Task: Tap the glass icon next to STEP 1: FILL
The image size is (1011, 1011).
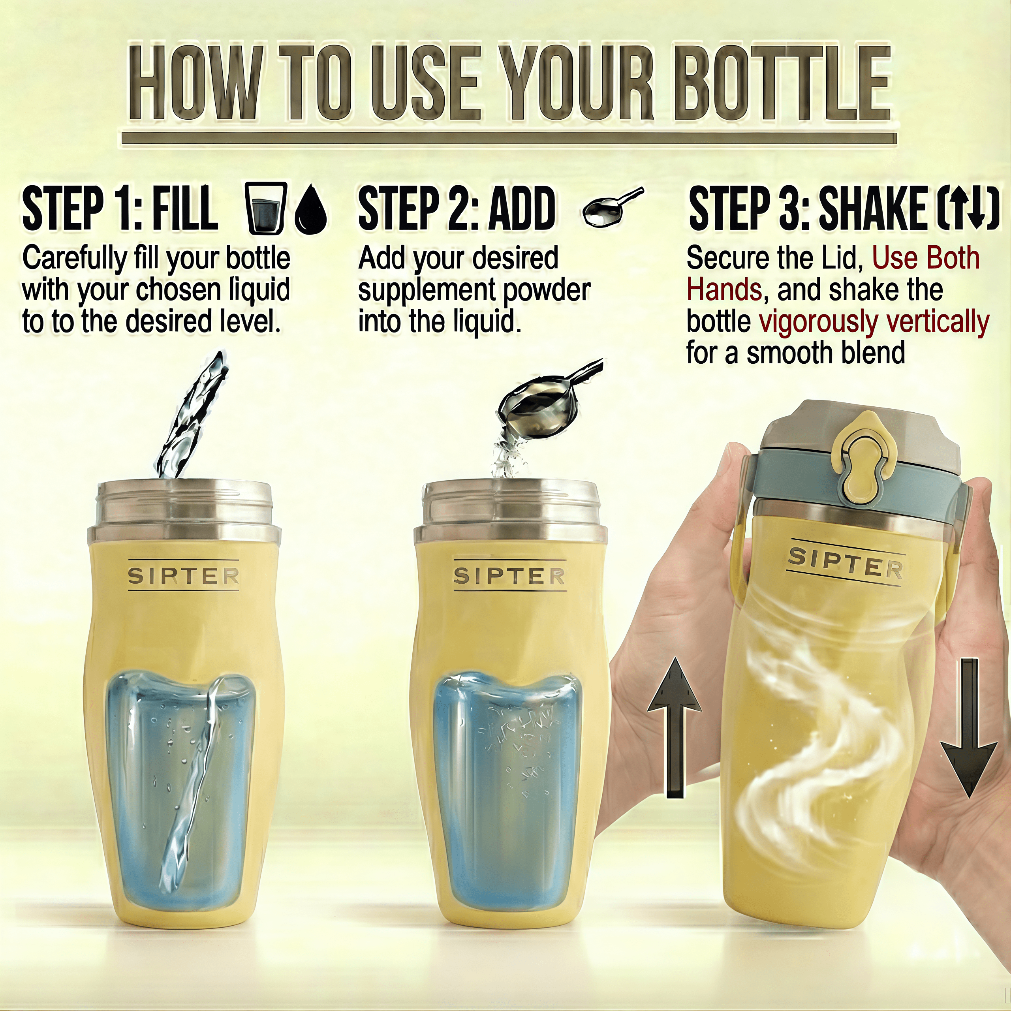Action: (266, 208)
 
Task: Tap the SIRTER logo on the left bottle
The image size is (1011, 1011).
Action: (184, 576)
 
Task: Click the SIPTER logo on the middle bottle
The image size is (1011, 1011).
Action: (509, 576)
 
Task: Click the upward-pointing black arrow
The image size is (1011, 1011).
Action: (674, 733)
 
